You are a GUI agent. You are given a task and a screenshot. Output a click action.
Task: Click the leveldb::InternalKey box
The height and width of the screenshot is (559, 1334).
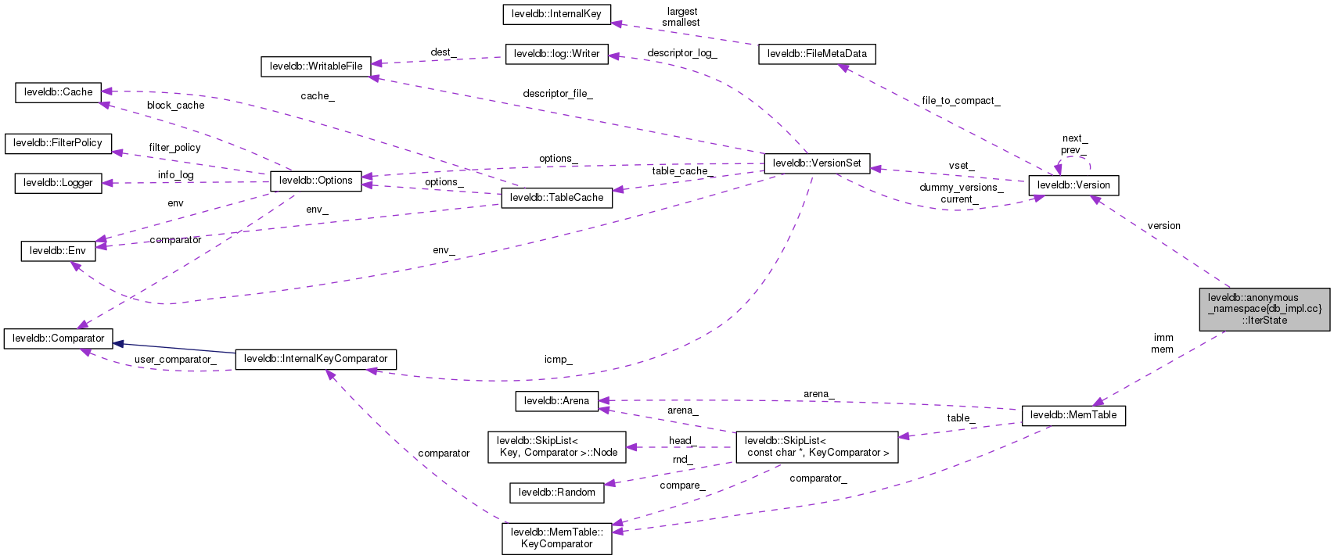tap(556, 14)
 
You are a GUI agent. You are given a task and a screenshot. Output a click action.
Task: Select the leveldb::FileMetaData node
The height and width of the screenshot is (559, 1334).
tap(817, 54)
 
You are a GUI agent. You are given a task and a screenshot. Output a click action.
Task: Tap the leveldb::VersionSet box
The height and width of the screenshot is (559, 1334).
tap(817, 163)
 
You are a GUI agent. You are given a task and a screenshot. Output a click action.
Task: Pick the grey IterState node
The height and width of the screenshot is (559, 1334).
tap(1264, 309)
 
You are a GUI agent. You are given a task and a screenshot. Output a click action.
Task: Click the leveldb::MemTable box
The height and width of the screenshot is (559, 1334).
tap(1073, 415)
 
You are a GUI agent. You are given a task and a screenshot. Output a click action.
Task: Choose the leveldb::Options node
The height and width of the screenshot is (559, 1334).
tap(316, 181)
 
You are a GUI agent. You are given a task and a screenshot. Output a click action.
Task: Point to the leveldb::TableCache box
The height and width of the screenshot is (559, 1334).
tap(556, 198)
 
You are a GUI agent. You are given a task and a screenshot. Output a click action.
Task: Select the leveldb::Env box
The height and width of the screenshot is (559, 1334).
tap(58, 251)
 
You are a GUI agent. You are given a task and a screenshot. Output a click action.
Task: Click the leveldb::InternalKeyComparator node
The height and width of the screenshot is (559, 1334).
tap(316, 359)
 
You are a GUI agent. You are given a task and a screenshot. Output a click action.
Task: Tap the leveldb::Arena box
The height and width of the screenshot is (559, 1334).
tap(556, 401)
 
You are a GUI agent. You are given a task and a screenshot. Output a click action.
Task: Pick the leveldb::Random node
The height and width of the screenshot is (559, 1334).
tap(556, 493)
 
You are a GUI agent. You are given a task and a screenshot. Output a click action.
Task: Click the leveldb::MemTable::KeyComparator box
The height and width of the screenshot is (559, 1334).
tap(556, 538)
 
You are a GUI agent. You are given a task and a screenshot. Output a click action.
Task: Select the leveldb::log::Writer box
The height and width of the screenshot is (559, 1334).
tap(556, 54)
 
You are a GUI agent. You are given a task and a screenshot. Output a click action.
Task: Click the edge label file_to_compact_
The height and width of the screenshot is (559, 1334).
tap(961, 101)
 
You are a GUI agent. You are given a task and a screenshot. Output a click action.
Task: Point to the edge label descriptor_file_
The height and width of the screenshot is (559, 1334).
tap(558, 94)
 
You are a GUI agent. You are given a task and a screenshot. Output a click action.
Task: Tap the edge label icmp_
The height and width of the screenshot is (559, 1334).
tap(559, 360)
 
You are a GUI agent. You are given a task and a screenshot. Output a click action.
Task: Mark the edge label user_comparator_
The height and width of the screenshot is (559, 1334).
tap(174, 360)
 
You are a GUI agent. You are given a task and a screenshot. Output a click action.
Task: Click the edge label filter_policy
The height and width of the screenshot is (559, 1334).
tap(174, 148)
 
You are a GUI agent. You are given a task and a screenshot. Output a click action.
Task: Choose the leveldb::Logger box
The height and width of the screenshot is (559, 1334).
tap(58, 183)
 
